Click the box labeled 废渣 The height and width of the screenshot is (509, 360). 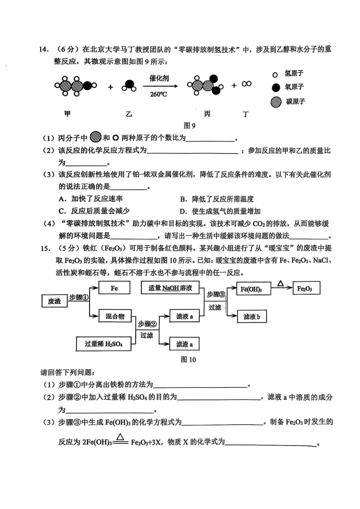[x=54, y=301]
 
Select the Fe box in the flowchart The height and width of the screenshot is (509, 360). [x=114, y=288]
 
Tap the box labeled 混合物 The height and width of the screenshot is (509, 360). [x=115, y=316]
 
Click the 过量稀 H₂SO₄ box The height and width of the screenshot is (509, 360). [x=103, y=344]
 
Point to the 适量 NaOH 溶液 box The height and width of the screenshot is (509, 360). [x=170, y=288]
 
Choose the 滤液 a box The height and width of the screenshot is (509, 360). [x=184, y=316]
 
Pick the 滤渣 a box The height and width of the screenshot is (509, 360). [x=184, y=344]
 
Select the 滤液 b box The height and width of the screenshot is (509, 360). [x=252, y=316]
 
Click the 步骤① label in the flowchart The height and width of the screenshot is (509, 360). [x=79, y=297]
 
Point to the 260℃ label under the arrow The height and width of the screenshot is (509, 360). [x=158, y=94]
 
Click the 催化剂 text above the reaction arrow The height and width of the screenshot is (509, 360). [x=159, y=78]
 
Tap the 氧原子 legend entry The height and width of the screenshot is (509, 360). [x=288, y=87]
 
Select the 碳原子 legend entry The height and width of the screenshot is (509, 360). [x=288, y=101]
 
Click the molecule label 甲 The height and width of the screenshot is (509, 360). [x=67, y=114]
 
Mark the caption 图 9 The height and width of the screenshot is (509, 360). [x=189, y=125]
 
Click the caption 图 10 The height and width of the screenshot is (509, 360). [x=188, y=359]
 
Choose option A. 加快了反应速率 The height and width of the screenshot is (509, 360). [x=91, y=199]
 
